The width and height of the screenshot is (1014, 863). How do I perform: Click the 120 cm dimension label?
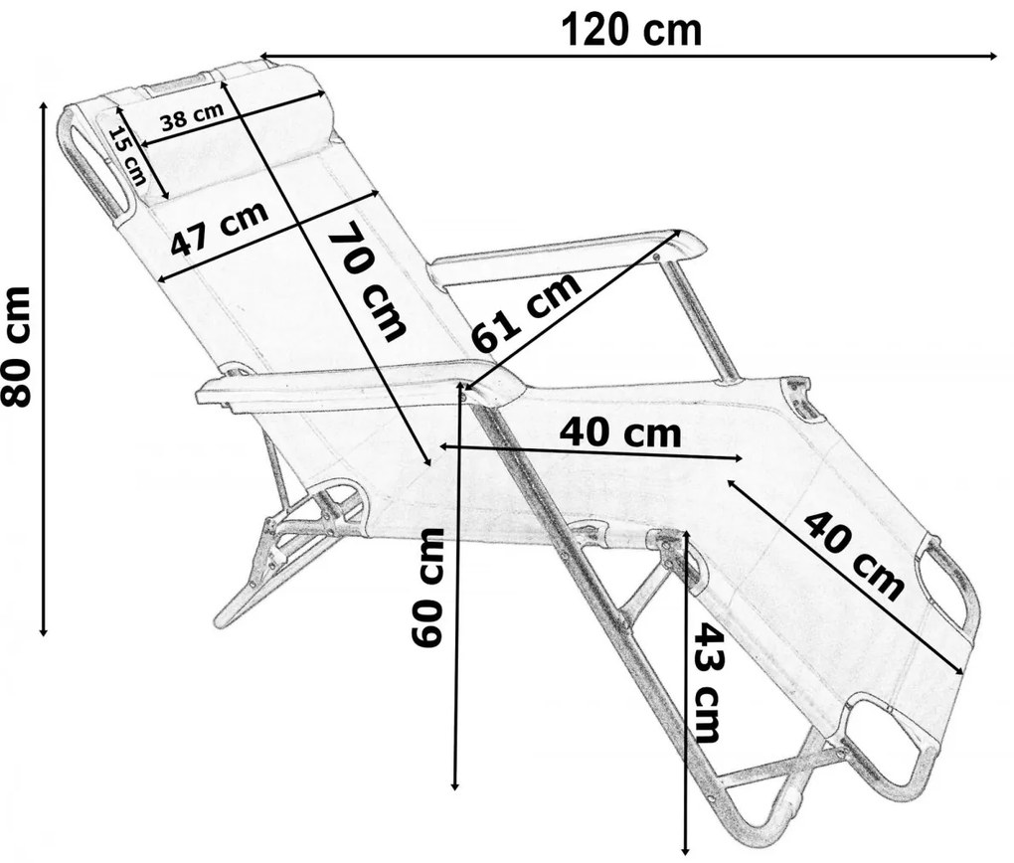click(x=631, y=30)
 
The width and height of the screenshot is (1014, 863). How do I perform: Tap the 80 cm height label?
click(x=16, y=347)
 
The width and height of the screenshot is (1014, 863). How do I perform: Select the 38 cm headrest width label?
click(x=192, y=116)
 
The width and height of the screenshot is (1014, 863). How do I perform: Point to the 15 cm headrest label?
click(x=127, y=156)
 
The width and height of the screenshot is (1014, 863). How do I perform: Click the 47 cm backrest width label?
click(x=220, y=229)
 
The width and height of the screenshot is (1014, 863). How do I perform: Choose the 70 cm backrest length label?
click(x=367, y=280)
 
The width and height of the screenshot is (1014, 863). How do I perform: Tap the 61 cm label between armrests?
click(x=525, y=312)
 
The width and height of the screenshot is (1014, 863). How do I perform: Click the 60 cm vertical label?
click(x=427, y=587)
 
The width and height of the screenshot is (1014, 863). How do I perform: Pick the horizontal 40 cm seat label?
click(x=620, y=432)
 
